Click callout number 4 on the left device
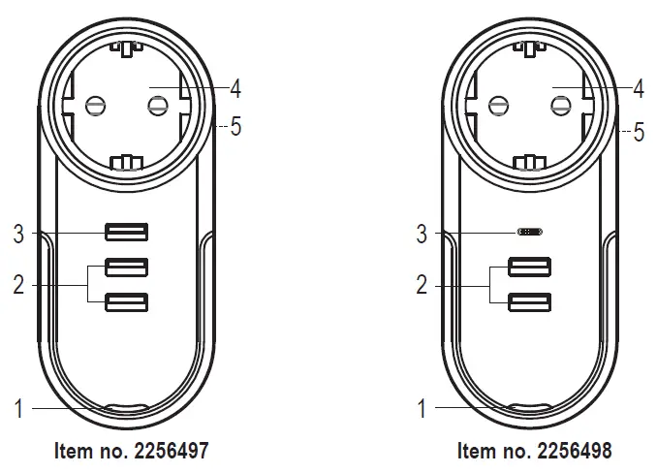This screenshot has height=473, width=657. (235, 89)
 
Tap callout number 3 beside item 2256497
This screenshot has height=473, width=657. (17, 233)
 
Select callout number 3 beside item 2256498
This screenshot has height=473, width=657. (421, 233)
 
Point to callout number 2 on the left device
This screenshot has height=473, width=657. (17, 285)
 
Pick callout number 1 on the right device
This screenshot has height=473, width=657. (421, 409)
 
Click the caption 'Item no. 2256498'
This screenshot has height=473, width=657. (534, 451)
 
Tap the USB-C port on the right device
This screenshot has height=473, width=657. (531, 233)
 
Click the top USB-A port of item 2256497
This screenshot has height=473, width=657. (128, 232)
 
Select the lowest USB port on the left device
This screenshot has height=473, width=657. (128, 304)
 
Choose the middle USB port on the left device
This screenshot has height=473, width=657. (128, 267)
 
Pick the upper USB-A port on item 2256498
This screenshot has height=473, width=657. (531, 267)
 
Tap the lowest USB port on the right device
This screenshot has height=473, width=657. (531, 304)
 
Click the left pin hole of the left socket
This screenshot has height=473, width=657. (95, 104)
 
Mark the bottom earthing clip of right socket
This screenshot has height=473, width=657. (531, 160)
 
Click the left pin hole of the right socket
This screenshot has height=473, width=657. (498, 104)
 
